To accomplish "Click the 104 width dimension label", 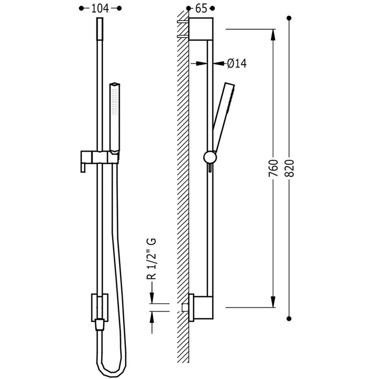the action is click(100, 9).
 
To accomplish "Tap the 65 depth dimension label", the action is click(201, 9).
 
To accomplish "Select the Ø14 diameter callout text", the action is click(236, 64).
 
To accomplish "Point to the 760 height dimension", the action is click(273, 168).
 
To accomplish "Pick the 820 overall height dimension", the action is click(289, 168).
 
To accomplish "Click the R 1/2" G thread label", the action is click(152, 259).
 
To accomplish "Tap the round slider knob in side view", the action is click(210, 158).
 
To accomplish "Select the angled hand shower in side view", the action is click(223, 118).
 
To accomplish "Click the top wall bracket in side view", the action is click(201, 29).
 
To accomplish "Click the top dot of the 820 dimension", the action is click(289, 18).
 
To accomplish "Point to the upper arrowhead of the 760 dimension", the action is click(273, 35).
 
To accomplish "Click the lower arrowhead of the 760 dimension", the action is click(273, 302).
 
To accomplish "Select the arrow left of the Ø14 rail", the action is click(199, 64).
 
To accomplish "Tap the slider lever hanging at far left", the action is click(83, 167).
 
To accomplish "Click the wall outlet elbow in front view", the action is click(100, 312).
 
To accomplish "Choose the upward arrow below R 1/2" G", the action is click(152, 323).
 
